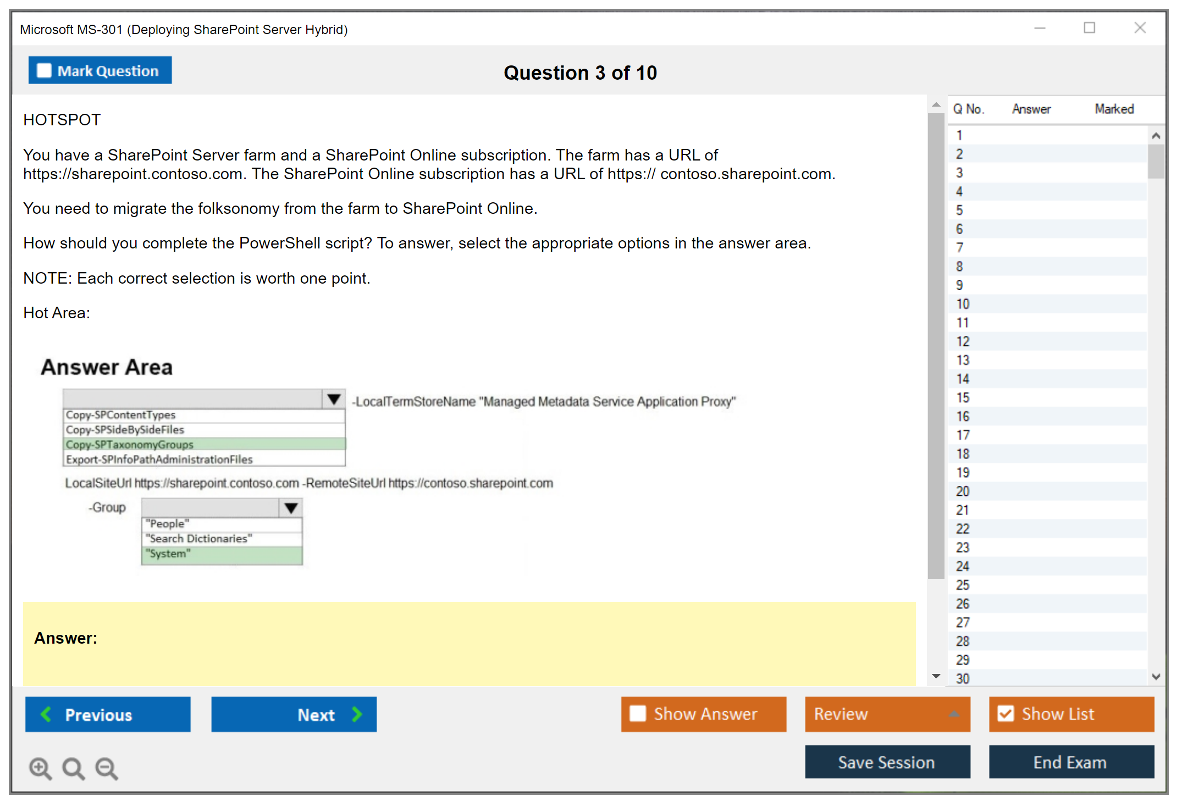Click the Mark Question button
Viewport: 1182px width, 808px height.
click(100, 70)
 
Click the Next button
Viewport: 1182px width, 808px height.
click(294, 714)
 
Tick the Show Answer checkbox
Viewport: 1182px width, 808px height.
click(638, 713)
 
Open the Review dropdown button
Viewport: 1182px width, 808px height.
click(887, 714)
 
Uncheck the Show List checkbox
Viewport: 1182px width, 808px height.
click(1006, 713)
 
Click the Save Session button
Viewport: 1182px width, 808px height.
click(887, 762)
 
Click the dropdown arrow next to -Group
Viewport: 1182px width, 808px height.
click(291, 507)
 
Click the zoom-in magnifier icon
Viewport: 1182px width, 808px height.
click(40, 768)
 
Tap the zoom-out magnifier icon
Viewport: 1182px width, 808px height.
click(107, 768)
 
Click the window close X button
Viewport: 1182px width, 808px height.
click(1140, 27)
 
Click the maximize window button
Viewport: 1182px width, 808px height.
click(1089, 27)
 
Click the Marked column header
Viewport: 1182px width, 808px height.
click(1114, 109)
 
